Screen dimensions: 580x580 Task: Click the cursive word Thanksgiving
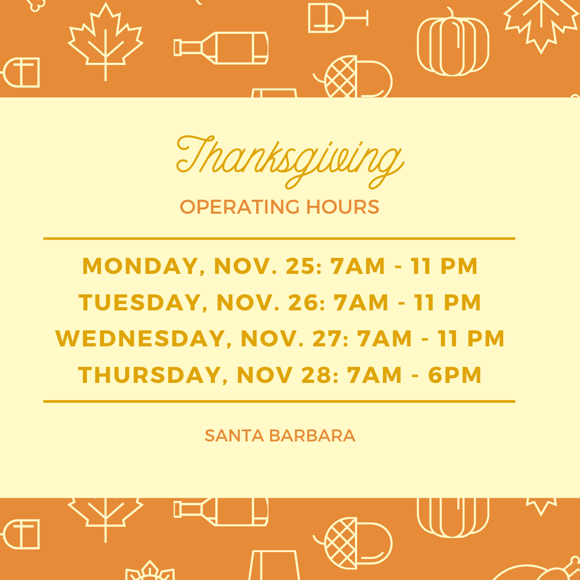290,162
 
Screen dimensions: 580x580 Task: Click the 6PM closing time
455,375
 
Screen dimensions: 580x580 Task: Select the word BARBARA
313,436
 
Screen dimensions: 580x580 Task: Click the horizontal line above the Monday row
279,238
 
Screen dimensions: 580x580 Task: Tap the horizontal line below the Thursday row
279,401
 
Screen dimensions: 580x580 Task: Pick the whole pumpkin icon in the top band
453,42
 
